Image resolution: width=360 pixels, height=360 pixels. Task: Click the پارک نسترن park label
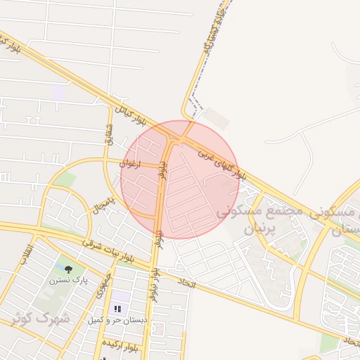click(x=69, y=280)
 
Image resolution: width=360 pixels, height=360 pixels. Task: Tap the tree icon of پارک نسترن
click(x=68, y=269)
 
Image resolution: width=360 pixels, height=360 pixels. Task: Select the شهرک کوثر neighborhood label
click(x=41, y=317)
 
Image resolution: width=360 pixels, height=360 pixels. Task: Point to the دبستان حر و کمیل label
click(x=117, y=320)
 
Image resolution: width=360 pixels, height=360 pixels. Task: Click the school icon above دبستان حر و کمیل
click(x=117, y=309)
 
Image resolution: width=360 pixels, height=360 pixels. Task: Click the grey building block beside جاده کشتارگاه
click(x=218, y=117)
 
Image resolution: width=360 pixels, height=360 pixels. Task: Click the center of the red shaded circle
click(x=180, y=180)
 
